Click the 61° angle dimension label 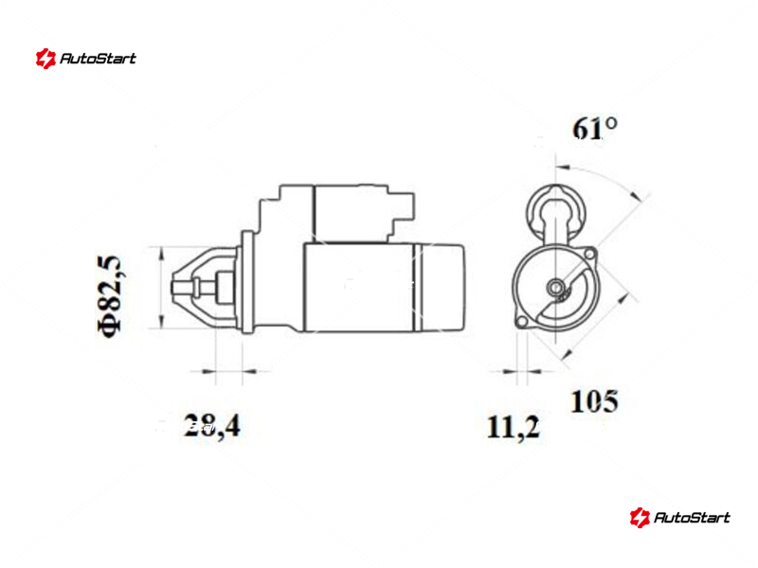[595, 129]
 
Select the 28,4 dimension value [211, 426]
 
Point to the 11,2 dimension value [513, 428]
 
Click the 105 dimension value [594, 400]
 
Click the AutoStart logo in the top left [86, 59]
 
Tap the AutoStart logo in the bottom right [679, 517]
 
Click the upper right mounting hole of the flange [589, 254]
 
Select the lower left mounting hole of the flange [521, 322]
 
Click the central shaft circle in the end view [555, 288]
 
